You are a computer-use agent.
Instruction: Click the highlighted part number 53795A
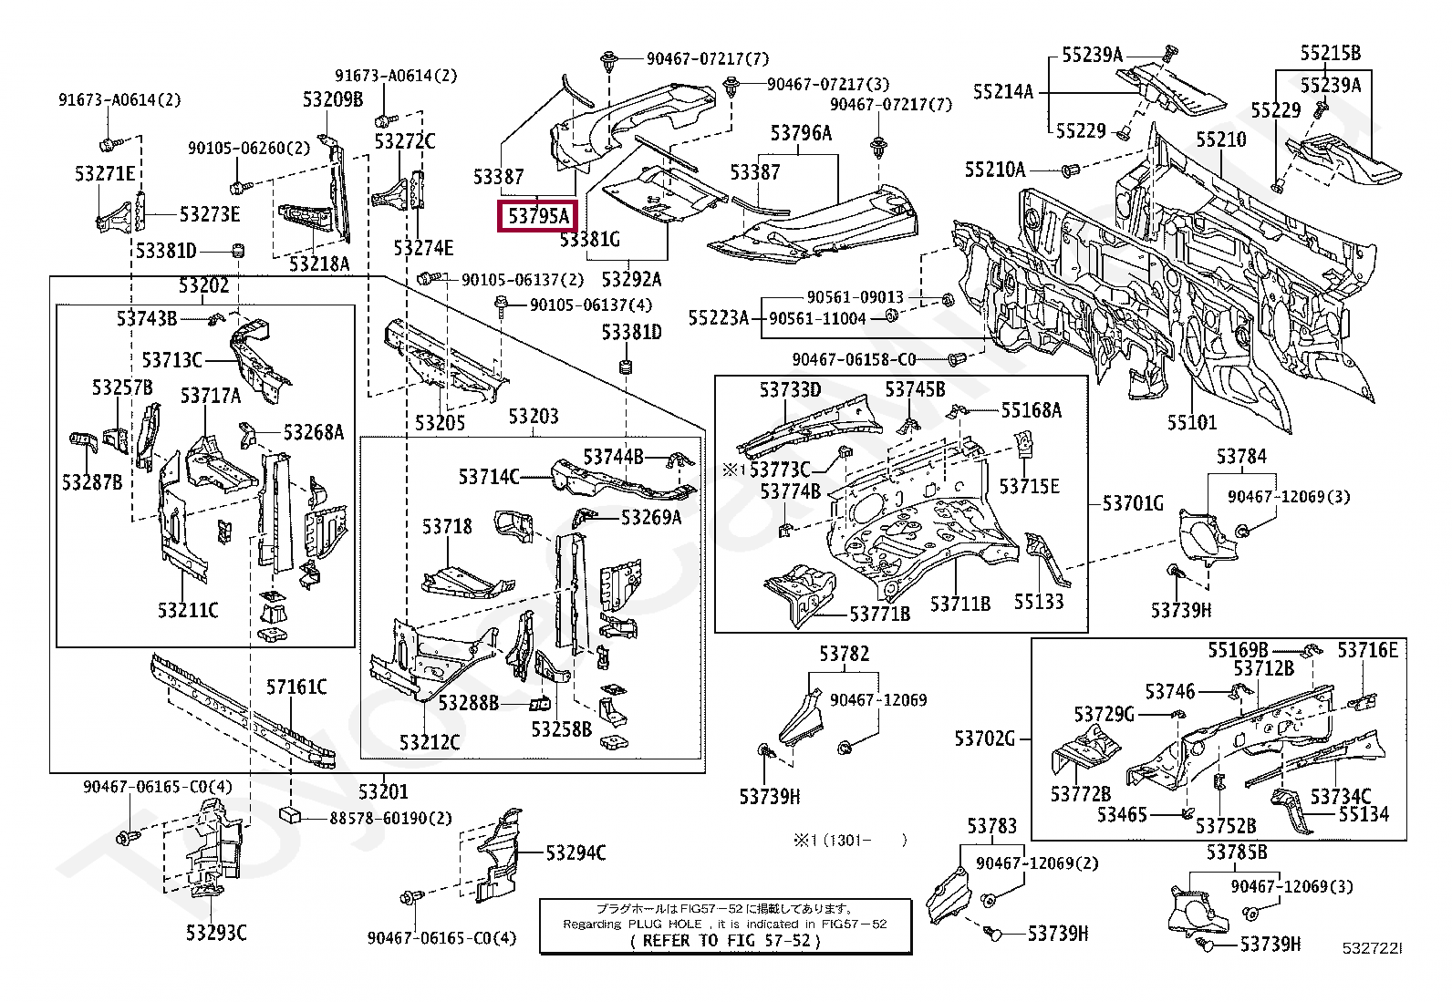[538, 216]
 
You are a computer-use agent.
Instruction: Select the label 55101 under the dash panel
[1192, 422]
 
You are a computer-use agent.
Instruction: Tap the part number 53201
[383, 791]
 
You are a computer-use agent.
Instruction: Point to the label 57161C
[296, 687]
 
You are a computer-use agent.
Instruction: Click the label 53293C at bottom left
[216, 932]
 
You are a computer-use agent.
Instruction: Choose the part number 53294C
[576, 852]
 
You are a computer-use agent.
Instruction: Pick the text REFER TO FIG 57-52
[726, 940]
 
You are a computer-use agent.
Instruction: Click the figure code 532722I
[1372, 948]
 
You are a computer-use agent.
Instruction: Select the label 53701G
[1133, 502]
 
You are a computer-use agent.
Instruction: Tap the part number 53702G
[985, 738]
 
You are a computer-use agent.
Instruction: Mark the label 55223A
[719, 317]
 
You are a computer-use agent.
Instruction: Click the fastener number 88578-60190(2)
[391, 818]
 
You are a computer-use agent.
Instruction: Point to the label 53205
[440, 422]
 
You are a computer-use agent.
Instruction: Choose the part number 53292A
[631, 279]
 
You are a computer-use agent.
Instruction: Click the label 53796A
[801, 134]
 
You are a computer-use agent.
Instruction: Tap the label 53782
[844, 654]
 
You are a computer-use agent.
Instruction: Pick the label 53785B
[1237, 852]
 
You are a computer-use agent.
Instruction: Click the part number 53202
[204, 286]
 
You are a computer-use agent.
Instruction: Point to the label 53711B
[960, 603]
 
